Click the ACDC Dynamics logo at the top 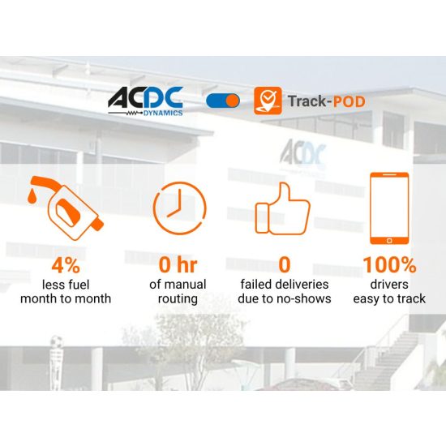click(x=145, y=101)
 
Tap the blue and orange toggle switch click(x=223, y=101)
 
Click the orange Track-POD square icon click(x=268, y=101)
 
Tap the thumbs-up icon click(x=283, y=208)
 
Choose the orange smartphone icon click(x=388, y=207)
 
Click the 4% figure click(x=66, y=265)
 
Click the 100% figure click(x=389, y=265)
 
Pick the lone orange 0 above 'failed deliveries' click(x=285, y=265)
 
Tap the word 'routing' click(x=179, y=298)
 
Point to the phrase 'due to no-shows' click(x=285, y=298)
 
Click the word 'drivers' click(x=389, y=284)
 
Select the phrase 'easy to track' click(x=389, y=298)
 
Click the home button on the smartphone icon click(x=388, y=240)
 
